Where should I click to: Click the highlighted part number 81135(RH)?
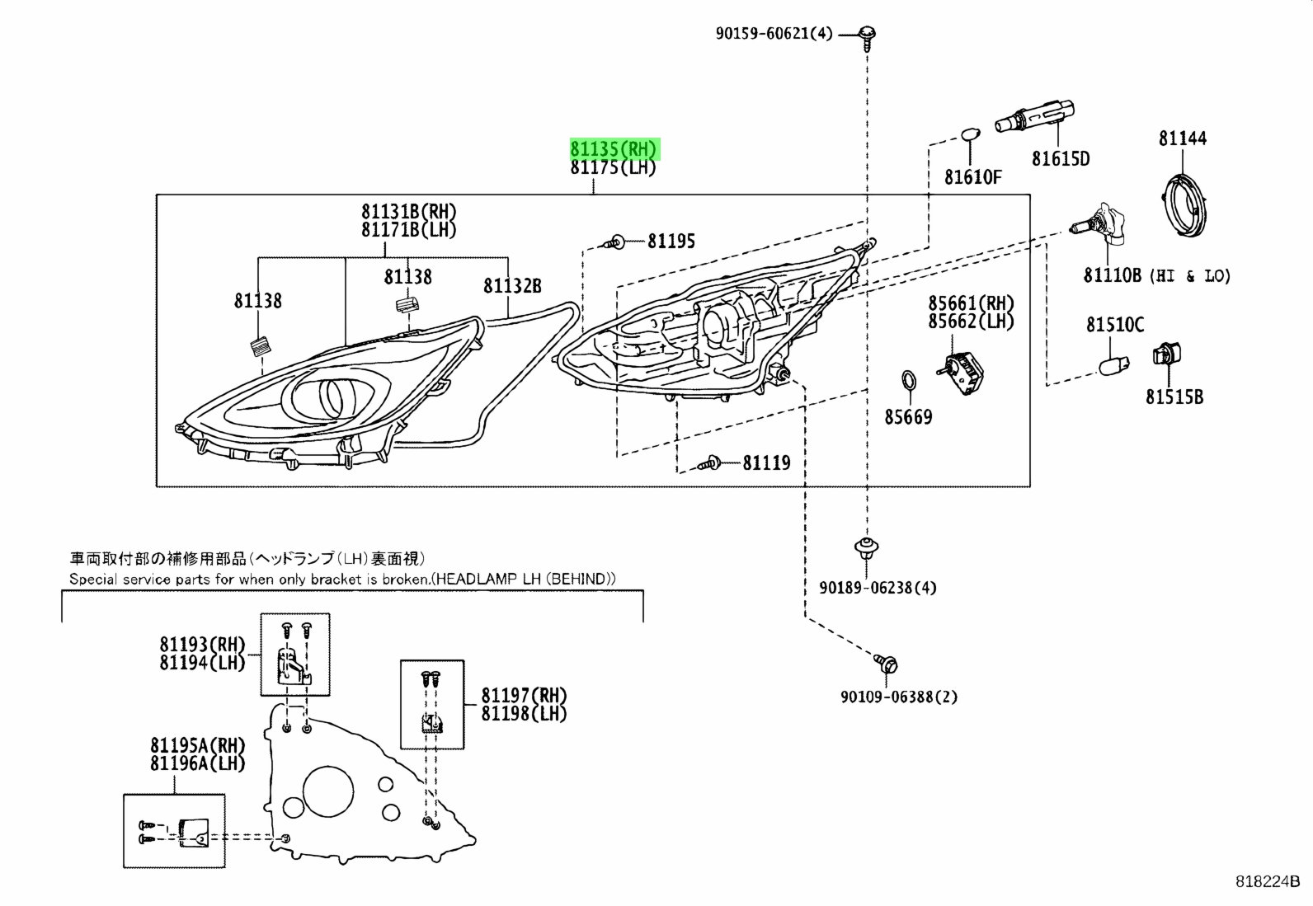pyautogui.click(x=615, y=149)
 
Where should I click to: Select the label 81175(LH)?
pyautogui.click(x=613, y=167)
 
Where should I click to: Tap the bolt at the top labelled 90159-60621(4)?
pyautogui.click(x=868, y=36)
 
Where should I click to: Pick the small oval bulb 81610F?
pyautogui.click(x=971, y=135)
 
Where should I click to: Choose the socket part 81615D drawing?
pyautogui.click(x=1034, y=115)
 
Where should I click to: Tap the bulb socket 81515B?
pyautogui.click(x=1166, y=354)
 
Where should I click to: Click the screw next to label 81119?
pyautogui.click(x=710, y=463)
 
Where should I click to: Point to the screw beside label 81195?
pyautogui.click(x=614, y=242)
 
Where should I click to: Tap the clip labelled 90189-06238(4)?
pyautogui.click(x=866, y=548)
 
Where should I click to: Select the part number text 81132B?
pyautogui.click(x=512, y=286)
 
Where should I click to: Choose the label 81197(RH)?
pyautogui.click(x=524, y=696)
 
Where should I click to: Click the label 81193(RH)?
pyautogui.click(x=202, y=645)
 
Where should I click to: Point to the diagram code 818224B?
pyautogui.click(x=1268, y=881)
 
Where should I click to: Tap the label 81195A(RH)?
pyautogui.click(x=198, y=745)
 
